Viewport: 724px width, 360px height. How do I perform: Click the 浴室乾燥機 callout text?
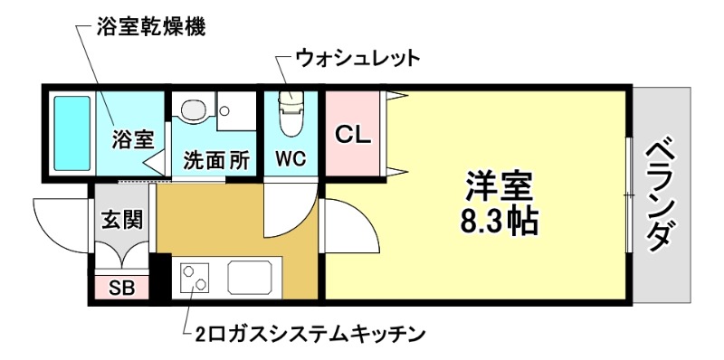(x=150, y=26)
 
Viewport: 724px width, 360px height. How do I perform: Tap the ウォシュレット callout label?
(x=358, y=60)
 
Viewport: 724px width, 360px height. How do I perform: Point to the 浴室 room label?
(x=132, y=140)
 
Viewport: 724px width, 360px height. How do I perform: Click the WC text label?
(x=291, y=159)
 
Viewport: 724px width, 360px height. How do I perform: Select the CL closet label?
(x=352, y=135)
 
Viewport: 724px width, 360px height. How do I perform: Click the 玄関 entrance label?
(x=119, y=218)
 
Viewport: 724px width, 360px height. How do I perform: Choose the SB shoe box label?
(x=120, y=289)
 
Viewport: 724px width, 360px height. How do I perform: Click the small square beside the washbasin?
(x=224, y=109)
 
